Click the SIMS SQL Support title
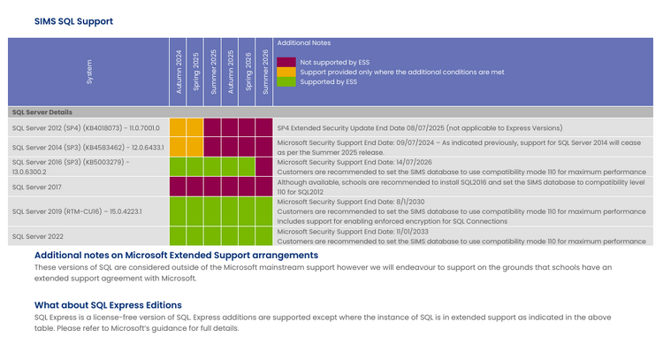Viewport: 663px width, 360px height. pyautogui.click(x=73, y=21)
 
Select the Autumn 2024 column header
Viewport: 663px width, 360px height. pyautogui.click(x=178, y=72)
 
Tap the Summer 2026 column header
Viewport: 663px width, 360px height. pyautogui.click(x=264, y=72)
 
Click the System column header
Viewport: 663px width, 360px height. pyautogui.click(x=88, y=72)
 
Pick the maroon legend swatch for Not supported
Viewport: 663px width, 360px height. pyautogui.click(x=286, y=62)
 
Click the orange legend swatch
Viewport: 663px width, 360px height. pyautogui.click(x=286, y=72)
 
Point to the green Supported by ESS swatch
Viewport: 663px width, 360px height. pyautogui.click(x=286, y=81)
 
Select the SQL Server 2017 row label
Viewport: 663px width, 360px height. pyautogui.click(x=37, y=187)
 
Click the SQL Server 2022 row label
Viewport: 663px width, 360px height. pyautogui.click(x=38, y=236)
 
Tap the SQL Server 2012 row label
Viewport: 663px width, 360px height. pyautogui.click(x=86, y=127)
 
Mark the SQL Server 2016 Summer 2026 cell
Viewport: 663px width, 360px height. pyautogui.click(x=263, y=167)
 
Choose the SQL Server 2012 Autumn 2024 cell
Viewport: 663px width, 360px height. pyautogui.click(x=178, y=127)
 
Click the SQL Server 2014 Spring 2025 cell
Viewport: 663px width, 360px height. pyautogui.click(x=195, y=147)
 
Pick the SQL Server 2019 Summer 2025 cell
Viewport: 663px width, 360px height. pyautogui.click(x=212, y=211)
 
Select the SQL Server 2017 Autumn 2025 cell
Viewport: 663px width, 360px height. pyautogui.click(x=230, y=187)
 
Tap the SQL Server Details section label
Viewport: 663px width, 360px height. pyautogui.click(x=42, y=112)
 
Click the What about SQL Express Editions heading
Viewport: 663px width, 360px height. pyautogui.click(x=108, y=305)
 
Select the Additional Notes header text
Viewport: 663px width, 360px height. pyautogui.click(x=304, y=42)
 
